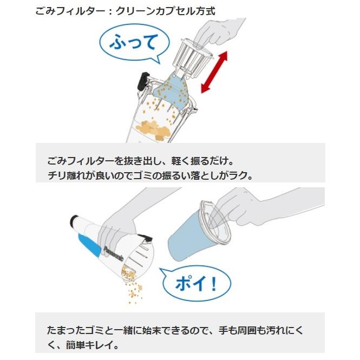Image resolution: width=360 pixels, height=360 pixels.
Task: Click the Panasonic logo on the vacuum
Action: tap(114, 252)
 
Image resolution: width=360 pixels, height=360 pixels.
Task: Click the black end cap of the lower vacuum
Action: tap(74, 222)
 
